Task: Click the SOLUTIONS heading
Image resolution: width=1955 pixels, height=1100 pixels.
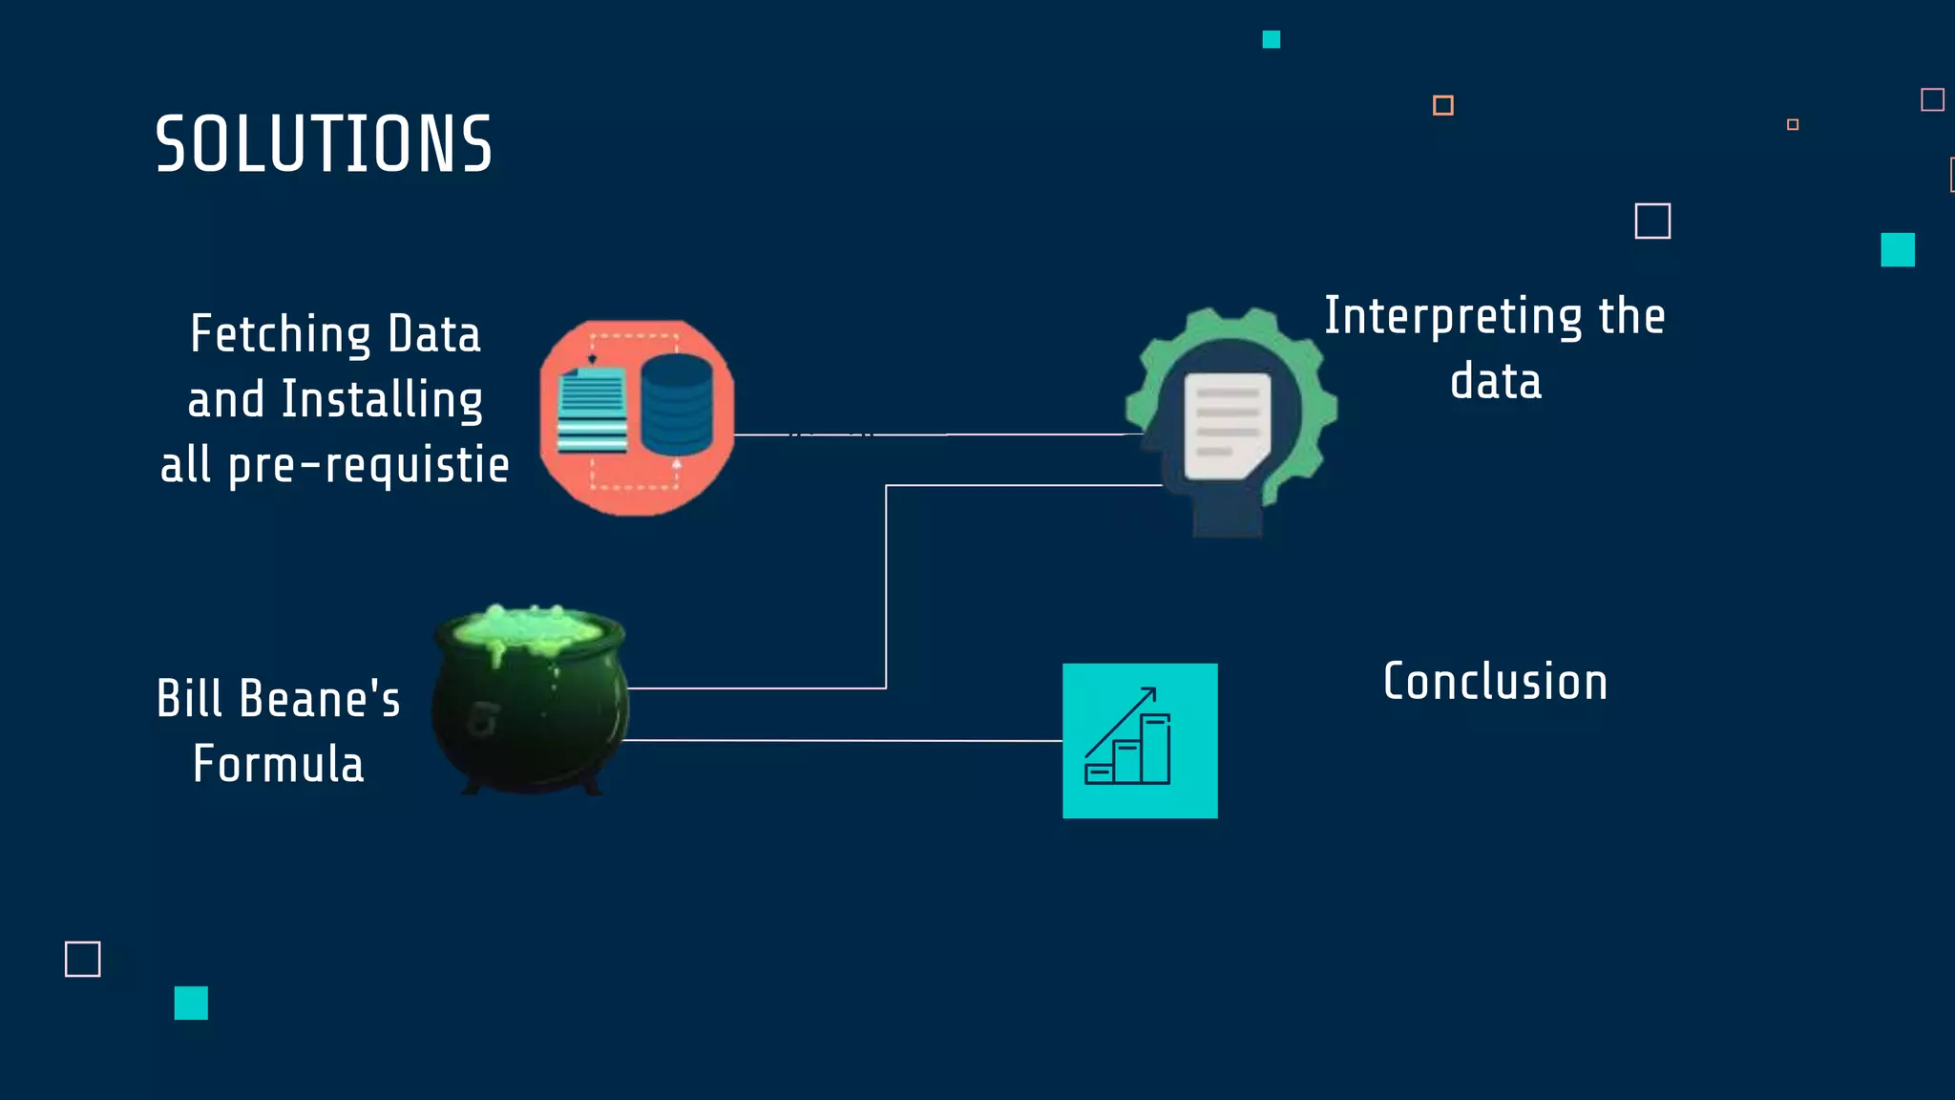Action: click(324, 144)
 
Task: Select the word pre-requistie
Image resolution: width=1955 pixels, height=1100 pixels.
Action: click(368, 466)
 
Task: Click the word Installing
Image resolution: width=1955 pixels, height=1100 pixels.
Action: click(382, 400)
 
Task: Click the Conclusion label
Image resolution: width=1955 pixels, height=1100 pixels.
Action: click(1495, 683)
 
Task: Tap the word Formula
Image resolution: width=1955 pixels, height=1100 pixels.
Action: click(278, 765)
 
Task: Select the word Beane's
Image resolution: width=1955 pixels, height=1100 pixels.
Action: click(320, 699)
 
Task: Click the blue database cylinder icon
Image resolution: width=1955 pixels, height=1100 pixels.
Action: click(677, 404)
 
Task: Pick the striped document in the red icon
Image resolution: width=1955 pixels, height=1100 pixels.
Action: click(592, 411)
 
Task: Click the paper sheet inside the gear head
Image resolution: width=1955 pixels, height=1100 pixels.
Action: click(1227, 425)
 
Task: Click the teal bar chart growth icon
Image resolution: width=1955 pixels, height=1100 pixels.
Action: click(1140, 741)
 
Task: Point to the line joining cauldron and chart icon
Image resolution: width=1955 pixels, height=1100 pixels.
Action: click(840, 740)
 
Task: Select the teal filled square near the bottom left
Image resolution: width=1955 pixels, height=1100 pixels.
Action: click(191, 1003)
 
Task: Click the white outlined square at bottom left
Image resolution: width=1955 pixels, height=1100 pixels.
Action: click(83, 959)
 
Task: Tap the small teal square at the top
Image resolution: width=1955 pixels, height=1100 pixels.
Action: click(1271, 39)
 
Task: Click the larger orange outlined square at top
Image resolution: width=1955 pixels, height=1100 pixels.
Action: click(1442, 105)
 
